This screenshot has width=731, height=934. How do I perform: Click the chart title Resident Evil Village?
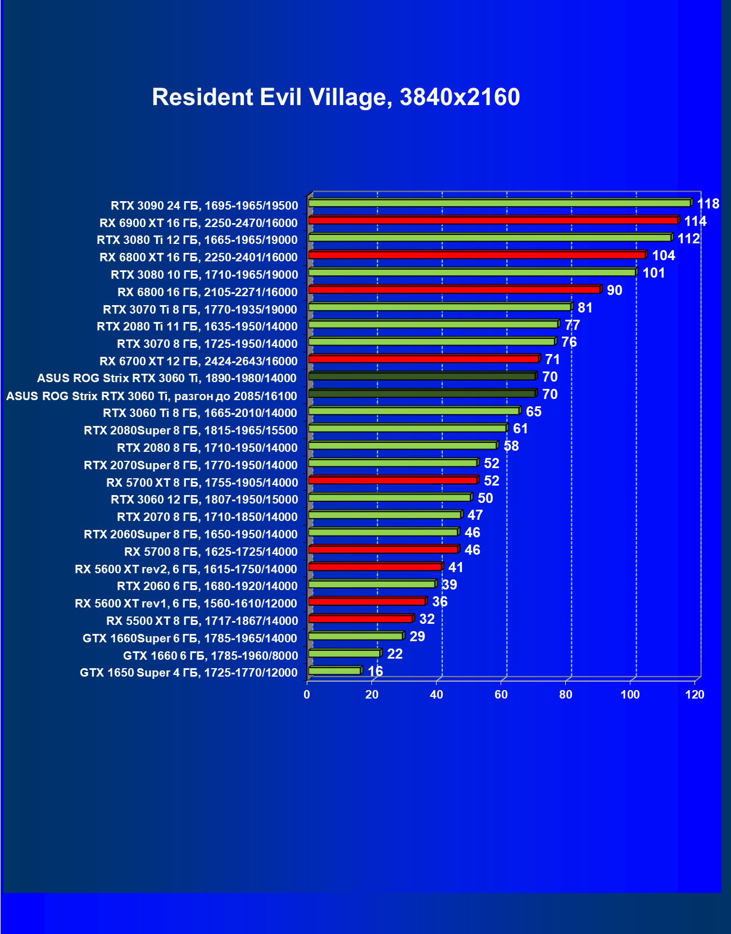tap(335, 97)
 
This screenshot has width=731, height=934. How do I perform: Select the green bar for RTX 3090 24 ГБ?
tap(499, 203)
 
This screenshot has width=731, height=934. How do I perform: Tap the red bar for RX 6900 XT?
tap(493, 220)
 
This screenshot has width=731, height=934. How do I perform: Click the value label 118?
tap(708, 204)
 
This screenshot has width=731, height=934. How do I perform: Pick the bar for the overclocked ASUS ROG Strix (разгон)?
tap(421, 394)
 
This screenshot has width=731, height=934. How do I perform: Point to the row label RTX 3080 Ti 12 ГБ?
tap(197, 240)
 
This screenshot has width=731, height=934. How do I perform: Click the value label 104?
tap(663, 256)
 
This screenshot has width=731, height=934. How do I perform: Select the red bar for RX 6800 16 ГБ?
tap(454, 290)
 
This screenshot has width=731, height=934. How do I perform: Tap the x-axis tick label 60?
tap(501, 695)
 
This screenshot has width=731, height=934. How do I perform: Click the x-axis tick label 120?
tap(694, 695)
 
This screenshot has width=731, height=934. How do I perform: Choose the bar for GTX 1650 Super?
tap(334, 671)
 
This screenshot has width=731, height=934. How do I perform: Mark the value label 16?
tap(375, 672)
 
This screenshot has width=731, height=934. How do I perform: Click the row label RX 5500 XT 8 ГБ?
tap(202, 621)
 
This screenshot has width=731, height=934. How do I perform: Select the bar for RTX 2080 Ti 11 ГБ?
tap(433, 324)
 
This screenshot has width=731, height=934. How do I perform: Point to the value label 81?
tap(585, 308)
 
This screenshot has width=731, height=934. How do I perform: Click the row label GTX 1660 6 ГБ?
tap(210, 655)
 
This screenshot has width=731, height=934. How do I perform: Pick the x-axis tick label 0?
tap(307, 695)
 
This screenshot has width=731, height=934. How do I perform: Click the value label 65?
tap(533, 412)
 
